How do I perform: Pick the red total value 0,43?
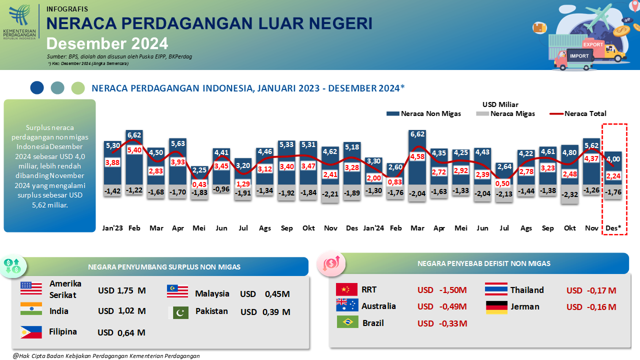point(199,184)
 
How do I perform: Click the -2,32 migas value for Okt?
point(570,194)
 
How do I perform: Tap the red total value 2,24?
point(613,175)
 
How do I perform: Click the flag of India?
point(31,309)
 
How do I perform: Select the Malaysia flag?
point(177,291)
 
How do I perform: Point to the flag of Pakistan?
point(180,312)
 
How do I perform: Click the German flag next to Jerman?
point(496,307)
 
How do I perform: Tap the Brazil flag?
point(347,322)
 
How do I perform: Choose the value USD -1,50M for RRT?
point(442,290)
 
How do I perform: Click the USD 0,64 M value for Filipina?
point(121,332)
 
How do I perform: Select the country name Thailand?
point(527,290)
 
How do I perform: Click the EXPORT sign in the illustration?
point(593,44)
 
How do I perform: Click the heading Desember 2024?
point(107,43)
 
